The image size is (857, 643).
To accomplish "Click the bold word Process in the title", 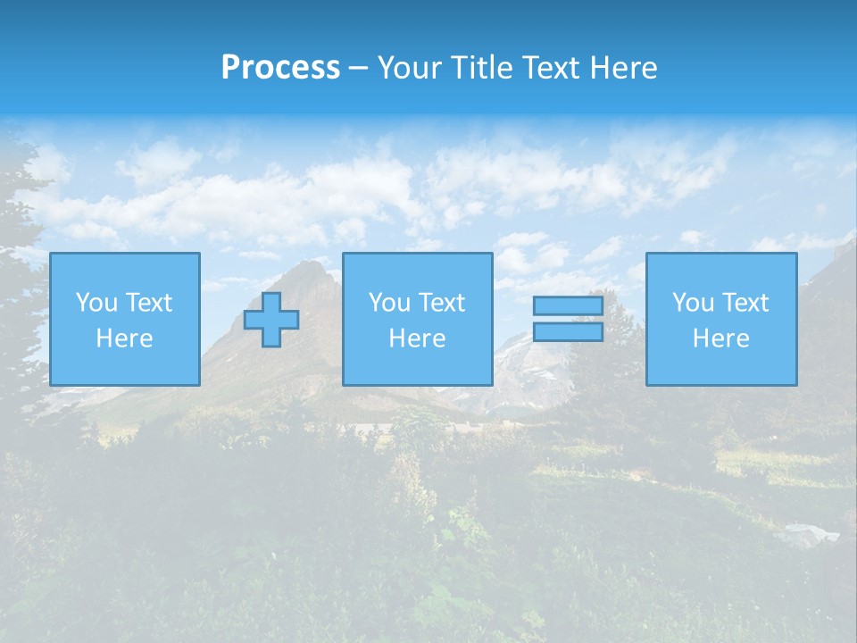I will coord(280,68).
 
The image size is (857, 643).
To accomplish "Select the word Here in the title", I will coord(623,68).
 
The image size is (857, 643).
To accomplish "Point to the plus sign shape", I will coord(271,320).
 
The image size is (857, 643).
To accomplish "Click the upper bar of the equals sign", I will coord(568,306).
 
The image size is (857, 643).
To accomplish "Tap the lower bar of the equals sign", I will coord(568,332).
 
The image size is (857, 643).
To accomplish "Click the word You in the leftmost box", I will coord(96,303).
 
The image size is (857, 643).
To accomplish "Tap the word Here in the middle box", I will coord(417,338).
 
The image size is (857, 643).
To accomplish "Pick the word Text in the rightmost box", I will coord(745,303).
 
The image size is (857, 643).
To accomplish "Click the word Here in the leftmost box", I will coord(124,338).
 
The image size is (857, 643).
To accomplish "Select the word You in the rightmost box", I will coord(693,303).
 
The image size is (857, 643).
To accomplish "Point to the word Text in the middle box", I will coord(441,303).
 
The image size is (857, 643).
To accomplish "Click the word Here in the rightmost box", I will coord(721,338).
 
